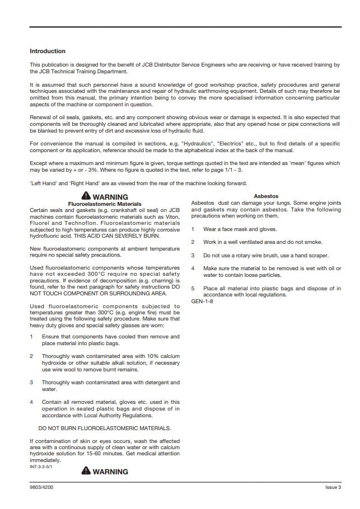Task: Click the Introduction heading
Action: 48,51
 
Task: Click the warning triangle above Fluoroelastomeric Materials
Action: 85,196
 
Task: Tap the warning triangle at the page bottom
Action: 85,471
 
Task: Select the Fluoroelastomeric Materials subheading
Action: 105,204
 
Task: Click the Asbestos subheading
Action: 266,196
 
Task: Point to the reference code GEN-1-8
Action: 202,301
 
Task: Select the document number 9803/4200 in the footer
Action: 42,487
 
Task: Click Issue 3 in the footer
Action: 333,487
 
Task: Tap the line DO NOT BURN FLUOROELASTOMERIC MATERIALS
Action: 105,428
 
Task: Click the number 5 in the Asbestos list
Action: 193,289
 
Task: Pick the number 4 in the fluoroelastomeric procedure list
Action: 31,402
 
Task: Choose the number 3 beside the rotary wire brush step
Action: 193,255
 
